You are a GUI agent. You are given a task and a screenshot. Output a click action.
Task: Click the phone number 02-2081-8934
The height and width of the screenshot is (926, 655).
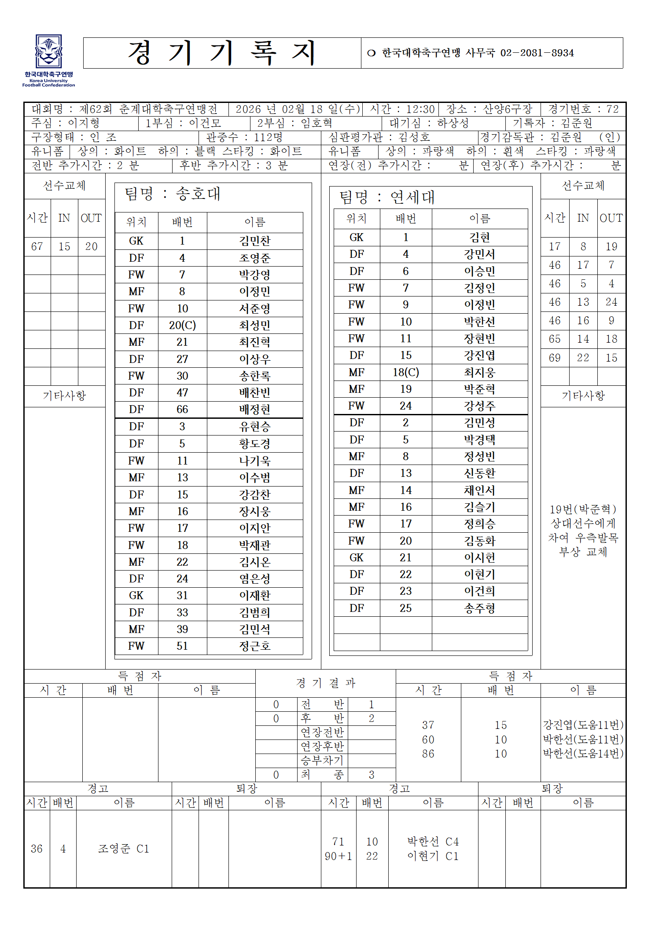[x=537, y=53]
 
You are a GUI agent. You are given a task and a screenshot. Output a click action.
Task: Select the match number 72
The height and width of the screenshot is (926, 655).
[x=612, y=109]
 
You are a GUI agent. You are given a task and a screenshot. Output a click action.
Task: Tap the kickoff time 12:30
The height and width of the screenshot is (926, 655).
[x=420, y=109]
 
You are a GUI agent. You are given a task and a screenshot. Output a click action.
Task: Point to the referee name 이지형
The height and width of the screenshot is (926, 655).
[x=84, y=123]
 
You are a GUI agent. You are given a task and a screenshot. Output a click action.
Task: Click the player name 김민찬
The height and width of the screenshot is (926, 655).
[x=255, y=241]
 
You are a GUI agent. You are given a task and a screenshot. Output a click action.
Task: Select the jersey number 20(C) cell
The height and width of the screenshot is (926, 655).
[x=182, y=326]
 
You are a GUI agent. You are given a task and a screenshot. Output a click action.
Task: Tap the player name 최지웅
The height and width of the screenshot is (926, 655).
[x=479, y=373]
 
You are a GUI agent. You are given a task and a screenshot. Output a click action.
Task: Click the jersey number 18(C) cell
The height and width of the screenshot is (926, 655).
[x=405, y=373]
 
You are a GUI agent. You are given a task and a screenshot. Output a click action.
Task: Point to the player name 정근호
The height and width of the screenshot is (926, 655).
[x=255, y=646]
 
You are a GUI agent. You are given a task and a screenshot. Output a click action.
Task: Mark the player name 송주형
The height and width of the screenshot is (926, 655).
[x=479, y=608]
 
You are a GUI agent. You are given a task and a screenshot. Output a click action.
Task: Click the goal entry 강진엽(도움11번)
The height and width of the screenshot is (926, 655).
[x=583, y=725]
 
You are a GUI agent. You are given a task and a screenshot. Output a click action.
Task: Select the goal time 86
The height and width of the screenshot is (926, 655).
[x=428, y=754]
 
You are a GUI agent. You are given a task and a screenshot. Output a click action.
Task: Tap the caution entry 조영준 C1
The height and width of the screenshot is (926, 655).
[x=124, y=849]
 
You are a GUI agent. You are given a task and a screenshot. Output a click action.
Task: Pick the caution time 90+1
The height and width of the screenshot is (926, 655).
[x=338, y=856]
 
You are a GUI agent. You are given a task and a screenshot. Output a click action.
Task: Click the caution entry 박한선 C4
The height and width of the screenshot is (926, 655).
[x=433, y=842]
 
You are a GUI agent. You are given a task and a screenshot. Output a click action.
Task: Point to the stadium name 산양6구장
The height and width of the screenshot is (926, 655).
[x=508, y=109]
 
